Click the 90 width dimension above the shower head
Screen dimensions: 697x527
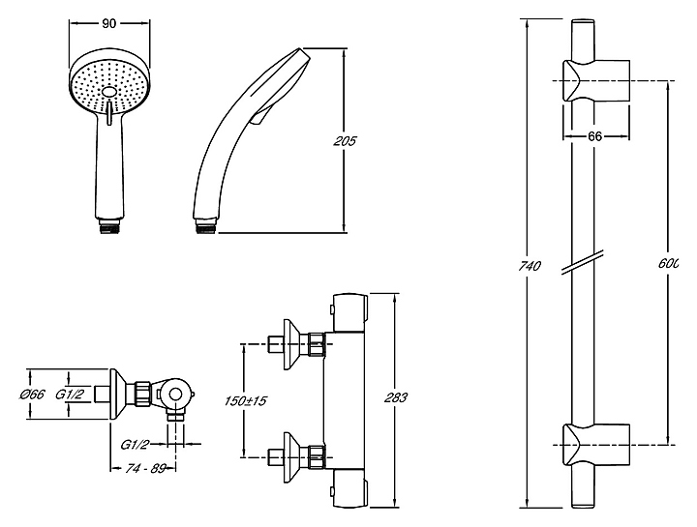coord(108,23)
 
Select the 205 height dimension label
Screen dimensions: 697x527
coord(345,141)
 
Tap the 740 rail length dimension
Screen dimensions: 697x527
coord(530,266)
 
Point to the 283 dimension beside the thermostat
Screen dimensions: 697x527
coord(395,397)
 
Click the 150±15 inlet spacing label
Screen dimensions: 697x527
coord(245,401)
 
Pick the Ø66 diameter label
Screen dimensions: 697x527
coord(32,394)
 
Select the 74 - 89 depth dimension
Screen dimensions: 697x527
coord(143,468)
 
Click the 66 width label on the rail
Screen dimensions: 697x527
coord(594,136)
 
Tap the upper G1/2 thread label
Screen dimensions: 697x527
coord(69,394)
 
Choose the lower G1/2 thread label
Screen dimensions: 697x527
coord(135,444)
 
